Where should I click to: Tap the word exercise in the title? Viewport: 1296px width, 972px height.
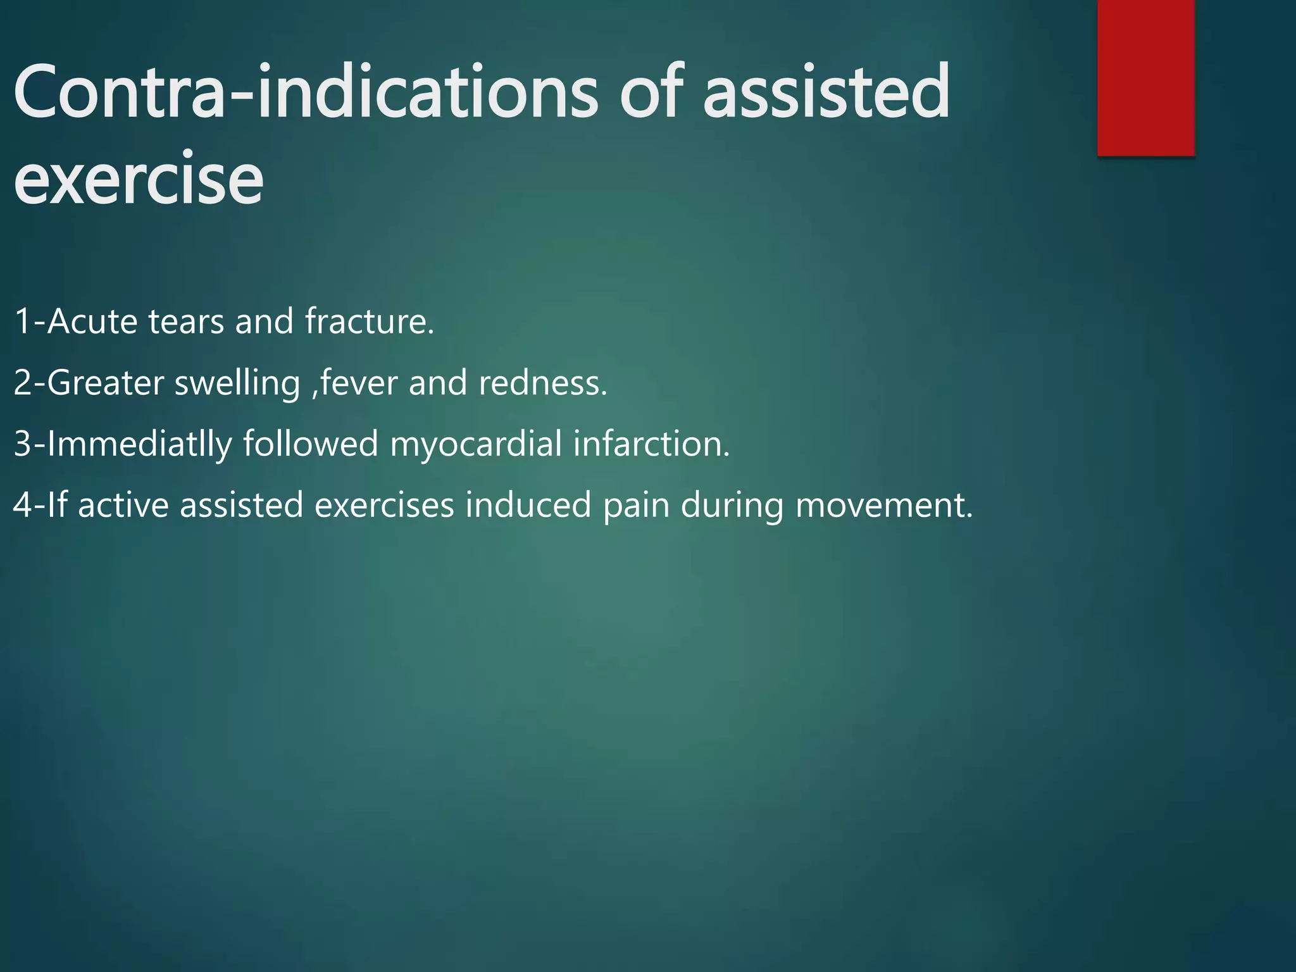pos(138,180)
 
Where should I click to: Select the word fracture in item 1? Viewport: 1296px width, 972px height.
pos(370,321)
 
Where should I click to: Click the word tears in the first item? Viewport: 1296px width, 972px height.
pos(186,321)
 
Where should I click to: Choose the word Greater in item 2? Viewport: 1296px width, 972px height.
pos(105,383)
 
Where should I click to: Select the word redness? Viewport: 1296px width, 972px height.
pos(543,383)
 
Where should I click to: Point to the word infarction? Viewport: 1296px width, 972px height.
pos(652,444)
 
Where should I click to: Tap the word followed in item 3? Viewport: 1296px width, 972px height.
pos(311,444)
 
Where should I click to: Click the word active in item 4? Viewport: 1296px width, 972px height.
pos(123,506)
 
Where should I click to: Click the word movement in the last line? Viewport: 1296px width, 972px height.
pos(883,506)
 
